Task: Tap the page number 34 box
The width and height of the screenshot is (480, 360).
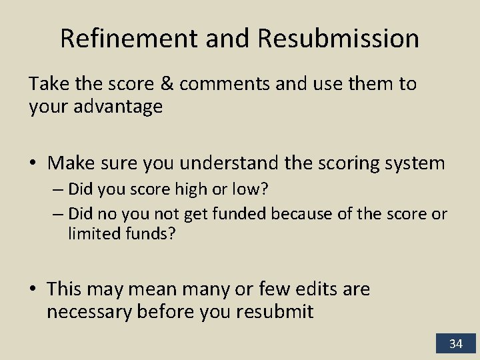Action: tap(455, 344)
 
